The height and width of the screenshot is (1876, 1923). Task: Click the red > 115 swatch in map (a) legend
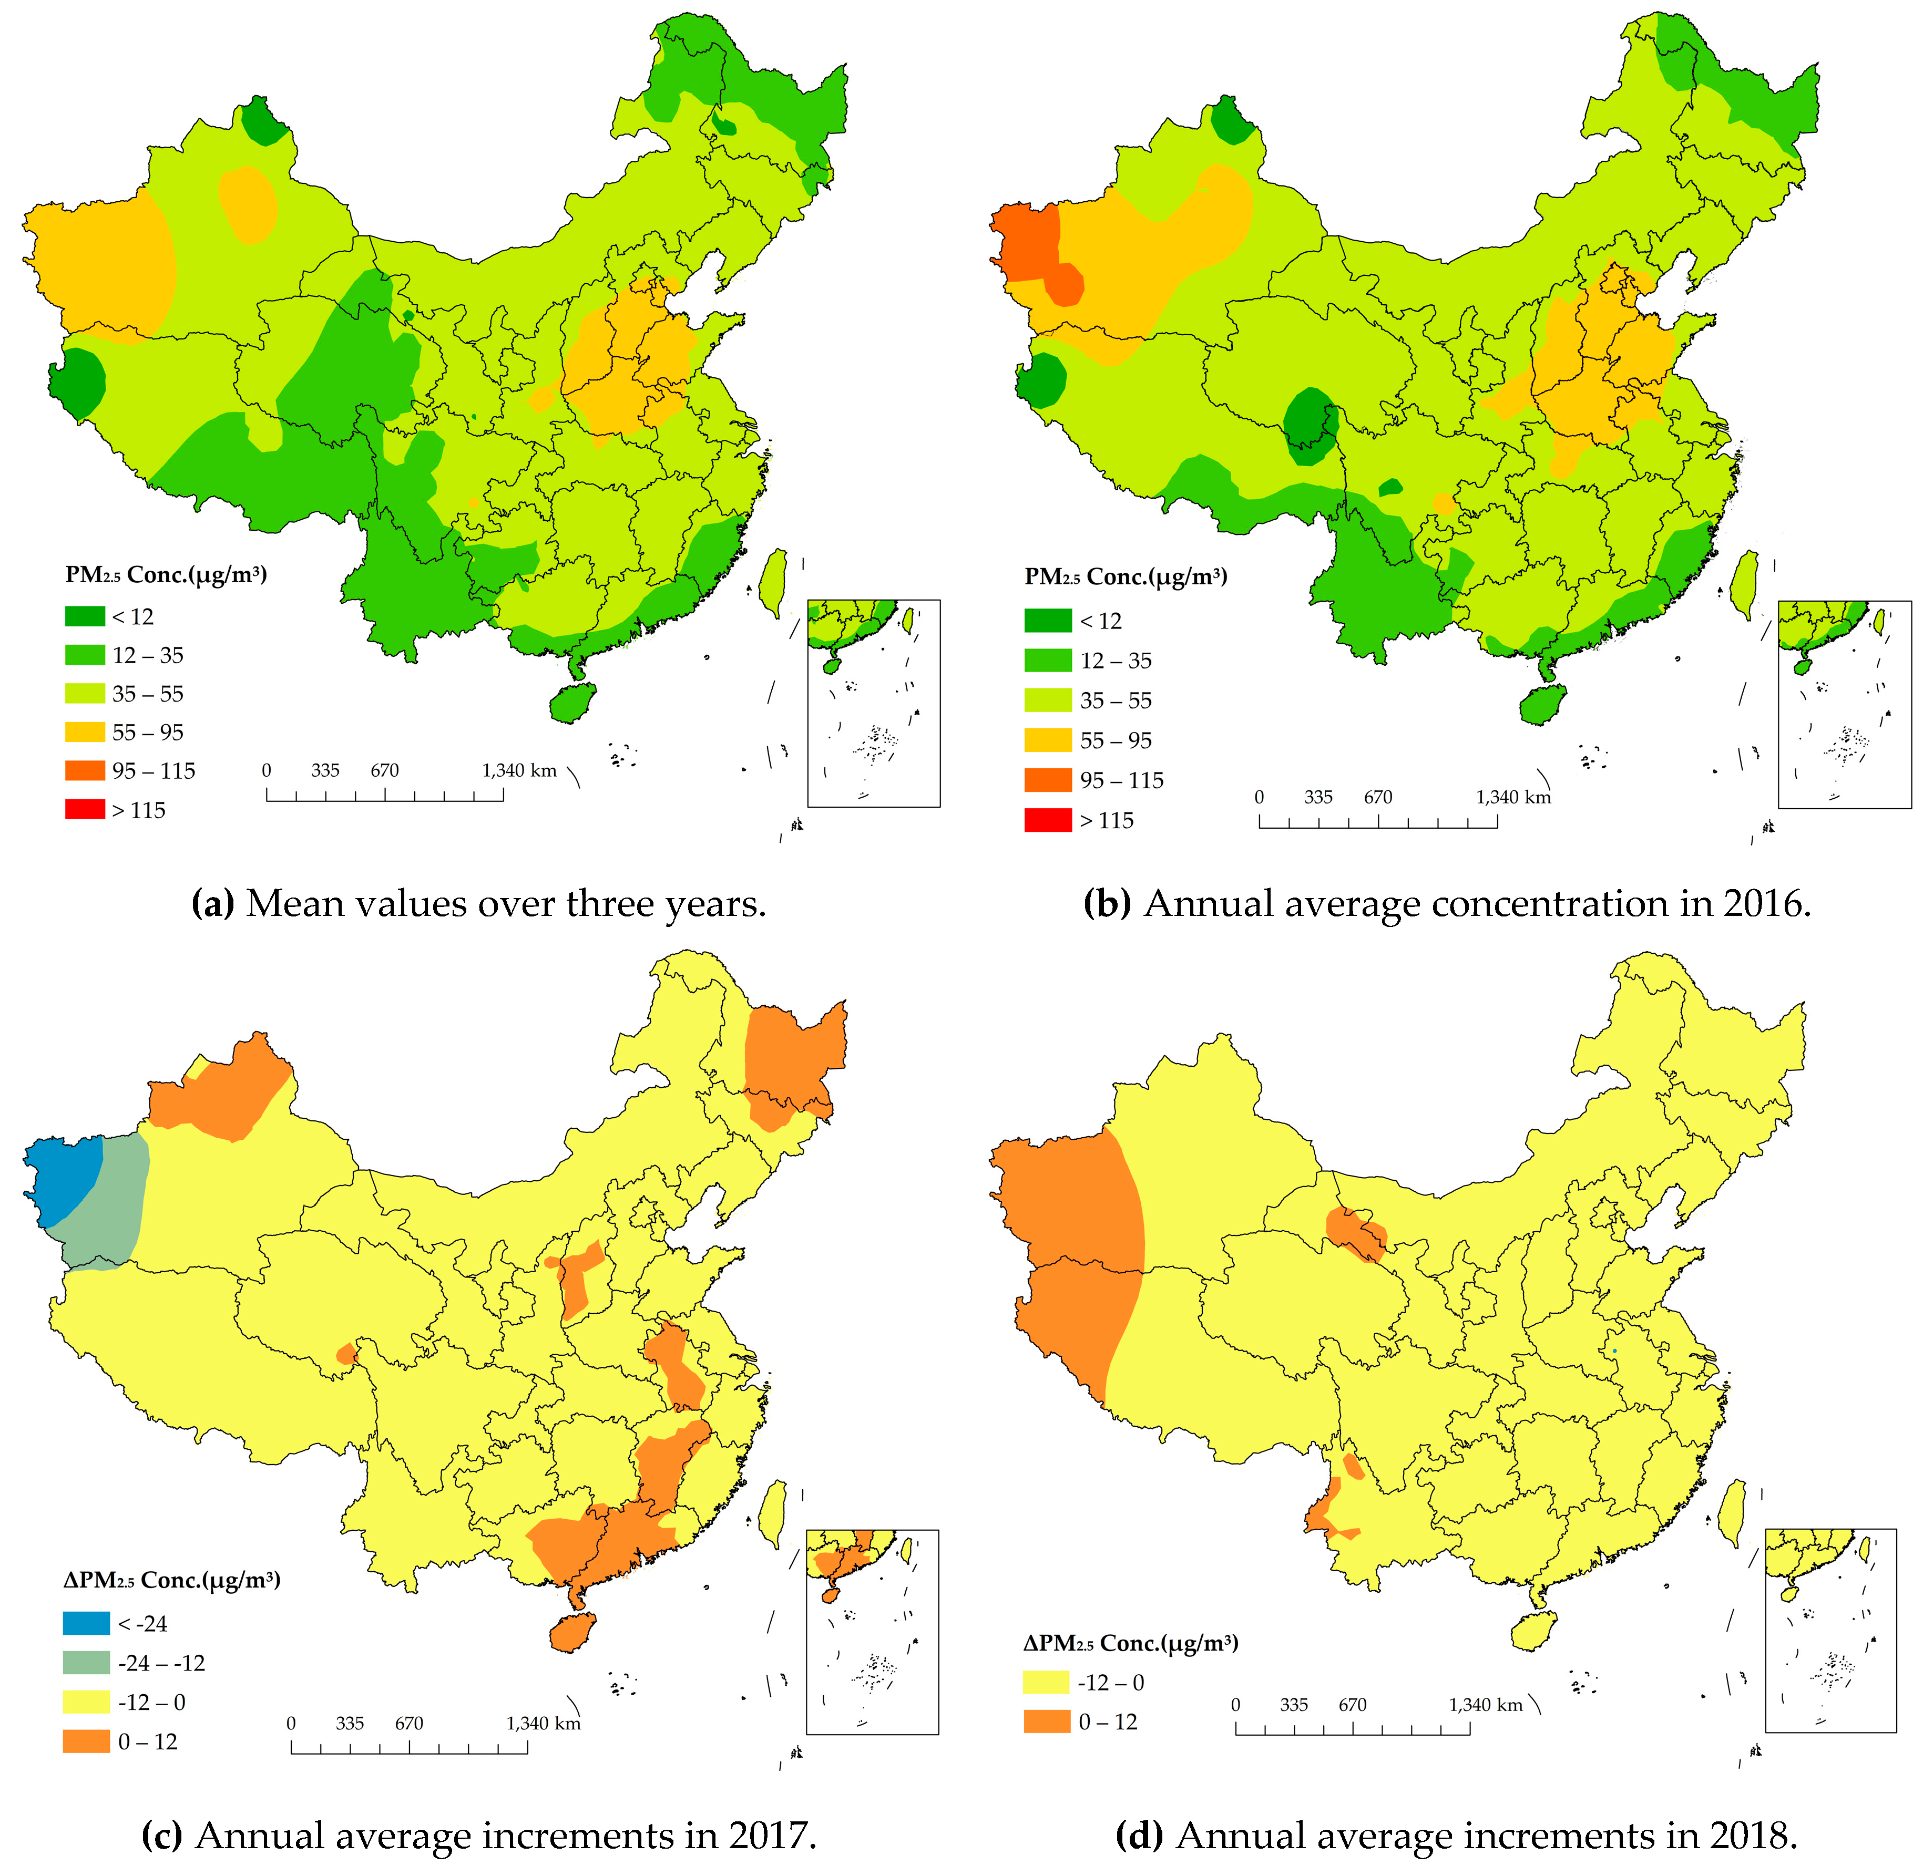click(85, 810)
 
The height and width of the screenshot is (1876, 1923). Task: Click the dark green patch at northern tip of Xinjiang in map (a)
click(261, 122)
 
